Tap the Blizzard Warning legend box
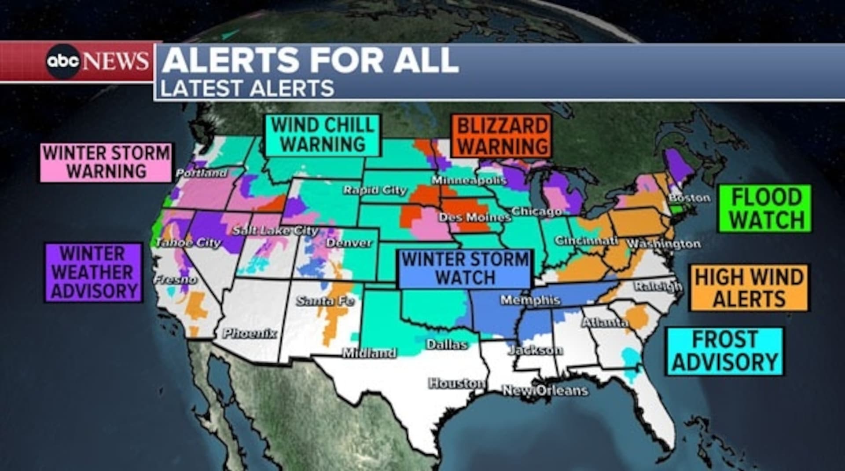coord(502,136)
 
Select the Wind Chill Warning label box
coord(323,135)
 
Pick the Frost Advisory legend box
coord(725,351)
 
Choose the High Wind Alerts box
coord(749,288)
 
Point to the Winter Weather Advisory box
coord(93,272)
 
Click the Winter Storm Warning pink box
coord(106,162)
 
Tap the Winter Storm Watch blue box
coord(465,269)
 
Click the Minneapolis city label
coord(469,180)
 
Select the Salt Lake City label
coord(275,230)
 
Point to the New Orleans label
coord(545,390)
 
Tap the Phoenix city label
coord(250,333)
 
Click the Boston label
coord(689,198)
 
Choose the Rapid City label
coord(375,190)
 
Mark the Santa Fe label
coord(325,301)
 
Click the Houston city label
coord(457,383)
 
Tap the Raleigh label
coord(658,287)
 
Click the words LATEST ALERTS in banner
coord(247,88)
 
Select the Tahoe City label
coord(187,242)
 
